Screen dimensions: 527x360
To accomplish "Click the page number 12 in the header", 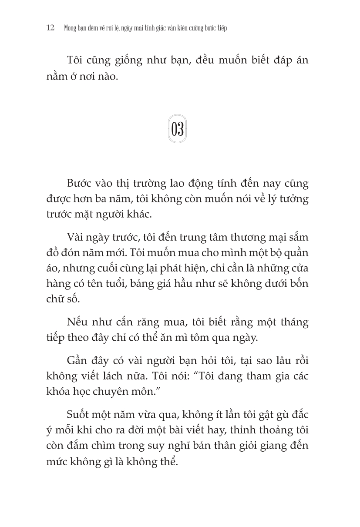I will (x=49, y=28).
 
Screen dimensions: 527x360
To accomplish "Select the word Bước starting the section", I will (x=81, y=183).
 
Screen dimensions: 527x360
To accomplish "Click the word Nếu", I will (x=77, y=322).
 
